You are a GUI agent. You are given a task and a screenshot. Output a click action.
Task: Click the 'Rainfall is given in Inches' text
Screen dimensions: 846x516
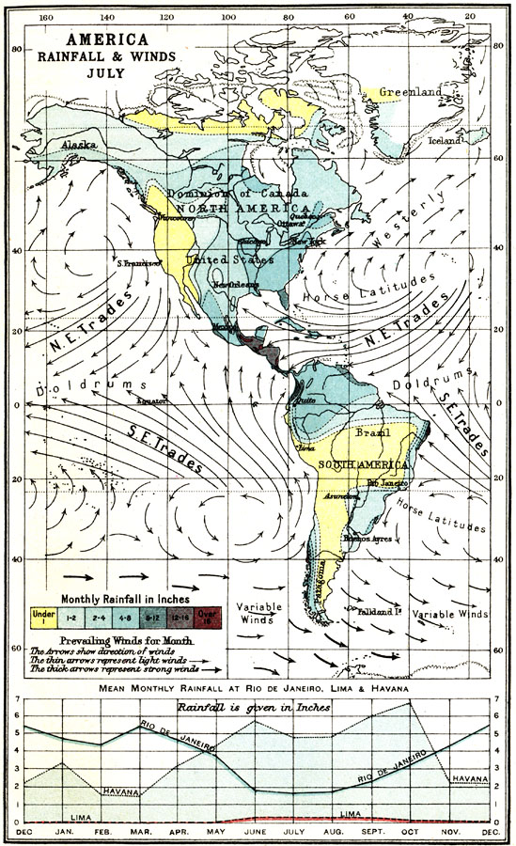pos(258,706)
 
